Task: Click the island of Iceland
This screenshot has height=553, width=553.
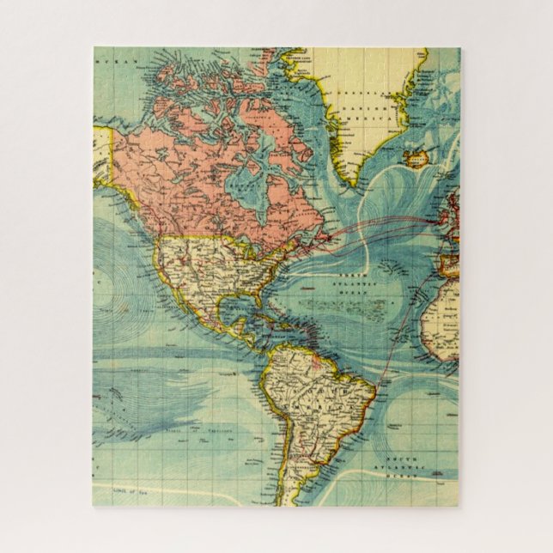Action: [419, 160]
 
